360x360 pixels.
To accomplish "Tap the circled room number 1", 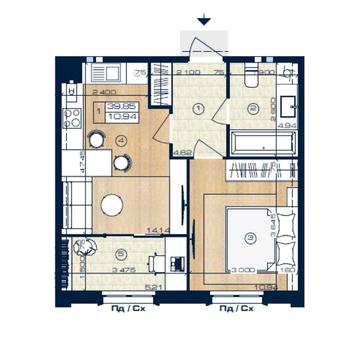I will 199,107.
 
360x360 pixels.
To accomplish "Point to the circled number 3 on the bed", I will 247,237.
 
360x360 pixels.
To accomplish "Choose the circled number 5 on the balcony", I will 119,254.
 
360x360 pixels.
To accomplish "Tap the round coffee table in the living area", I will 112,205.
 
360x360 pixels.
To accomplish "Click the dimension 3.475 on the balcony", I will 96,270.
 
